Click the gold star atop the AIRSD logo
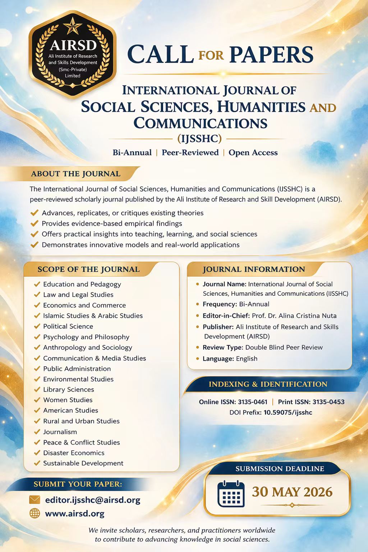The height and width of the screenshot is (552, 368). [x=72, y=26]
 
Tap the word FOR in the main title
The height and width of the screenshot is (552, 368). [x=211, y=55]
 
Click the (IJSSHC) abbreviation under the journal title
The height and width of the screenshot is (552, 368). [x=199, y=138]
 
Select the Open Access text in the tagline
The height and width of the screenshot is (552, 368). [x=253, y=153]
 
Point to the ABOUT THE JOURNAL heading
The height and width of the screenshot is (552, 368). [x=75, y=174]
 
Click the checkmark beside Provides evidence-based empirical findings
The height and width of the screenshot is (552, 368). [x=34, y=224]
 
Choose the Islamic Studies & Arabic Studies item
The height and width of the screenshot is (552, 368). [x=93, y=316]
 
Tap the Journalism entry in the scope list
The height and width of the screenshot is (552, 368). [x=60, y=432]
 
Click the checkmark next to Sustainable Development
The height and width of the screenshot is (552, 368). [x=37, y=463]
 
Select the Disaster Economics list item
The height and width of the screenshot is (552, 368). [x=74, y=453]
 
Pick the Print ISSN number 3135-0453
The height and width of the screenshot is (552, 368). [x=328, y=402]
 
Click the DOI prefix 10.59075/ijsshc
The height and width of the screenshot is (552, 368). [x=288, y=413]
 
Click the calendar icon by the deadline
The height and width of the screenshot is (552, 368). [x=231, y=494]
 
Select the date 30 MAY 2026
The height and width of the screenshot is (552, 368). [x=292, y=492]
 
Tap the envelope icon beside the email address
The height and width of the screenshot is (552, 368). [x=34, y=500]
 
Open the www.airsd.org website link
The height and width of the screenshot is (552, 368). [x=75, y=514]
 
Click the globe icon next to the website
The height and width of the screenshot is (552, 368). [x=34, y=514]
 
